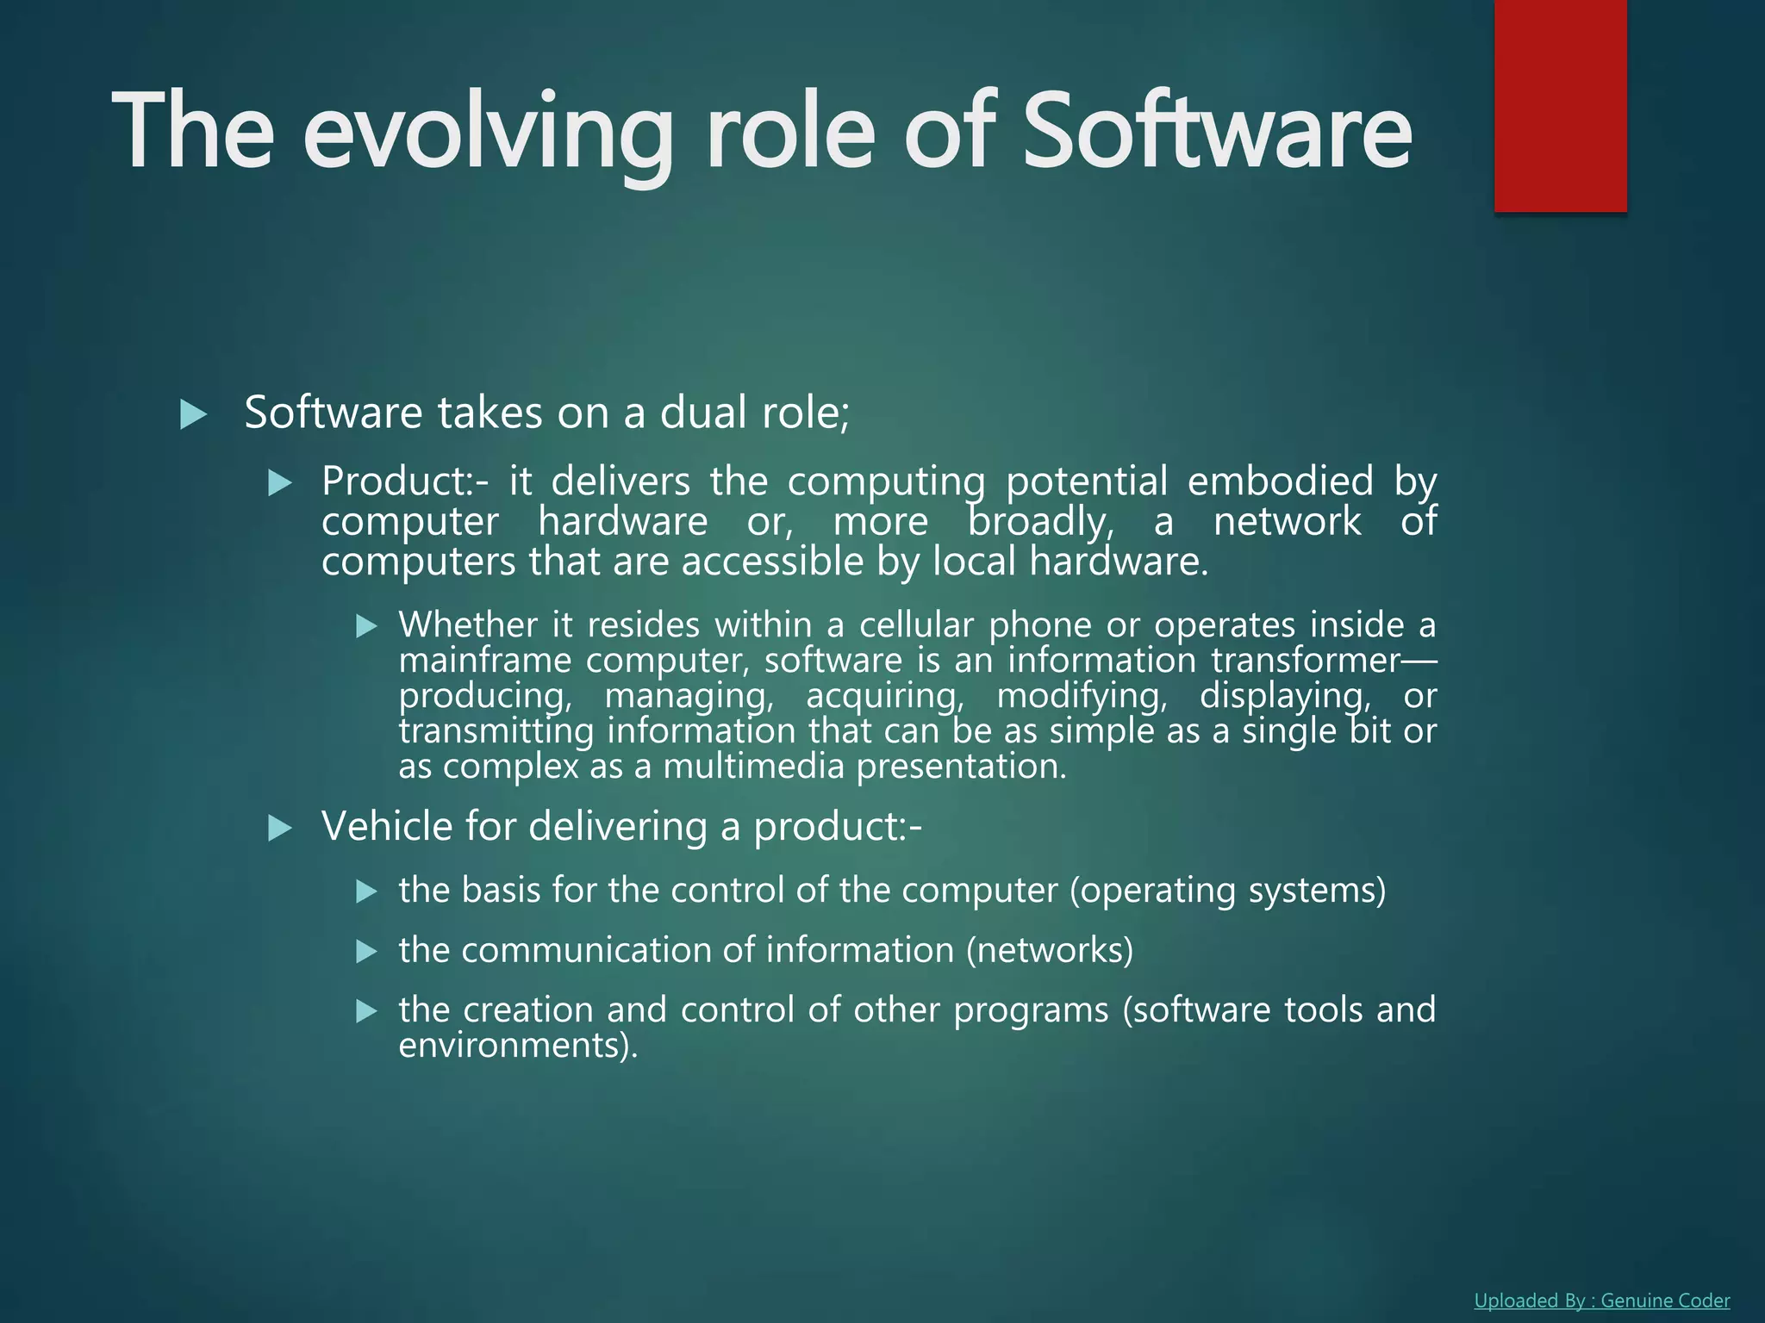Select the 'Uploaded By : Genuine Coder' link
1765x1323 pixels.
click(1601, 1301)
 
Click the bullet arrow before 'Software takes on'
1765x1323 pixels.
click(193, 414)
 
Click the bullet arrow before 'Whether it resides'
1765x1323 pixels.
click(367, 626)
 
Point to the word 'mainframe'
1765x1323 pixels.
click(484, 661)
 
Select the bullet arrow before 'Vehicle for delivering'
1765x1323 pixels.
click(280, 829)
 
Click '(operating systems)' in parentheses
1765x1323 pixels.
click(1228, 891)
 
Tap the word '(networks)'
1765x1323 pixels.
click(1050, 951)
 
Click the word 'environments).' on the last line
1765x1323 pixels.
click(518, 1046)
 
